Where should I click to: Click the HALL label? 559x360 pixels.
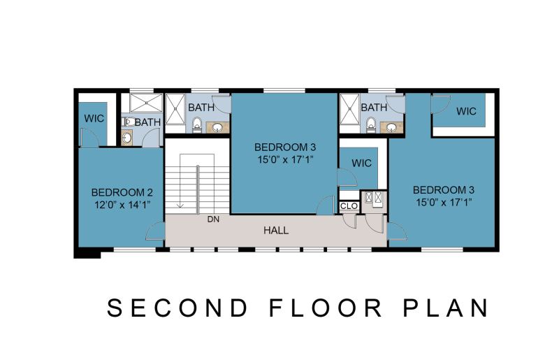click(276, 231)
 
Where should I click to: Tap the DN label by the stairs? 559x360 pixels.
click(213, 219)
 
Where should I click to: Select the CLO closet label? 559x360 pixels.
click(349, 206)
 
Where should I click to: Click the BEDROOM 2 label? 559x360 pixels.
click(122, 192)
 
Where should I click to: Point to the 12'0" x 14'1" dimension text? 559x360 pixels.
click(122, 205)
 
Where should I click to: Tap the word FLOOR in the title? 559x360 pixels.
click(326, 308)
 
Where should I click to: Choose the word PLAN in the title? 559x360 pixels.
click(446, 308)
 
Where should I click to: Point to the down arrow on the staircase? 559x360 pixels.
click(180, 180)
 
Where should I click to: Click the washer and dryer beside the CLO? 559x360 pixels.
click(374, 198)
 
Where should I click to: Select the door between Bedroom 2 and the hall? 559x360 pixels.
click(155, 231)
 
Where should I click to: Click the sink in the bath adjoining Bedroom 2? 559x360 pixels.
click(126, 137)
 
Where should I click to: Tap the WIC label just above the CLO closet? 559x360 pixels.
click(361, 163)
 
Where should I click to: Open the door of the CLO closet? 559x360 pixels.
click(350, 221)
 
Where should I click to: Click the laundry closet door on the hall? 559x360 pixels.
click(375, 224)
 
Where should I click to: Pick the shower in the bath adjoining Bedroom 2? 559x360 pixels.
click(146, 103)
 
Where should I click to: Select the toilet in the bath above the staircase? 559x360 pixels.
click(196, 125)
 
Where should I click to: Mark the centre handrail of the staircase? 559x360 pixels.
click(197, 190)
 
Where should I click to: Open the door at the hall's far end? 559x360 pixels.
click(397, 231)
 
